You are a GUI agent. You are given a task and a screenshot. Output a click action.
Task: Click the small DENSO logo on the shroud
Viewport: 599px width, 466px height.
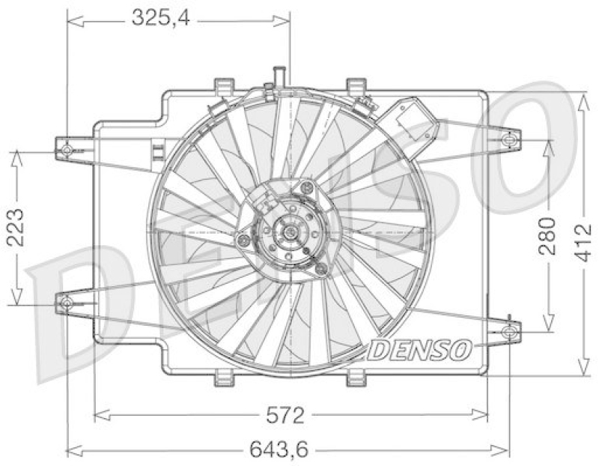click(420, 348)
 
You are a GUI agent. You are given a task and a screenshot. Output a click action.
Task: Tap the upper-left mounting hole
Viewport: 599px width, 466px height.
click(67, 150)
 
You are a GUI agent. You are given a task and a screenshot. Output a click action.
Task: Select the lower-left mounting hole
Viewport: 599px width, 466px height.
click(66, 303)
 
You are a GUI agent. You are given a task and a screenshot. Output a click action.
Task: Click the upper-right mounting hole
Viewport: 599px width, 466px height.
click(511, 139)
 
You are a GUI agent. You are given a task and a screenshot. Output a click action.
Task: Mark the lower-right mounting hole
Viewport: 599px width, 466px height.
click(511, 330)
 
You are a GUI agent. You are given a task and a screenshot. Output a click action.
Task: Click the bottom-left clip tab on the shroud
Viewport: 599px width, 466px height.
click(222, 379)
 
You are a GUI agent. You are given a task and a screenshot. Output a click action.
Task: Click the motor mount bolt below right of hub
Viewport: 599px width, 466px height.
click(320, 268)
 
